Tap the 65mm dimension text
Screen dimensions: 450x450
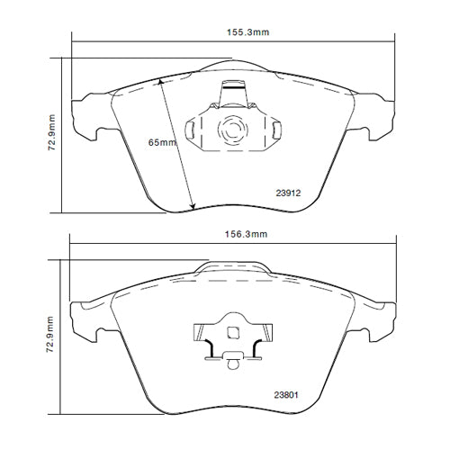coord(163,142)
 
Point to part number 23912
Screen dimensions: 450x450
coord(289,192)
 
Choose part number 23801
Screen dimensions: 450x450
coord(289,392)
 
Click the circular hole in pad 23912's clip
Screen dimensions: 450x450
coord(232,130)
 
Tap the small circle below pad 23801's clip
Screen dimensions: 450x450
coord(232,365)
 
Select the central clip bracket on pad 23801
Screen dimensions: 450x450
coord(232,337)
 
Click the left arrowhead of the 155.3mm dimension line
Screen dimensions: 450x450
coord(75,41)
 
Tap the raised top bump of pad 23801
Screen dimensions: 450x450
coord(232,265)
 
